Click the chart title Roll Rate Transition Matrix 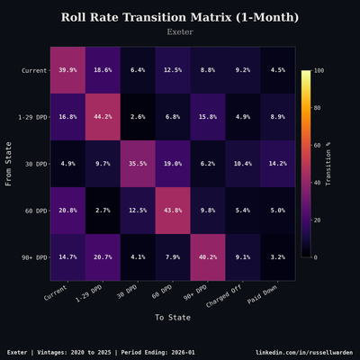click(180, 17)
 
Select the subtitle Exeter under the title click(180, 32)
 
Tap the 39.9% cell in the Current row click(67, 69)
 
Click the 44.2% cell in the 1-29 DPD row click(102, 116)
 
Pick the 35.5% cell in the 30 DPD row click(137, 163)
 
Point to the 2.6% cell click(137, 116)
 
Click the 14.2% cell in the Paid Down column click(277, 163)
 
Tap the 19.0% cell click(172, 163)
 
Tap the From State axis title click(9, 163)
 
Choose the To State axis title click(172, 317)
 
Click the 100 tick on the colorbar click(319, 70)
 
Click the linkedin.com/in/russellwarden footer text click(304, 352)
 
